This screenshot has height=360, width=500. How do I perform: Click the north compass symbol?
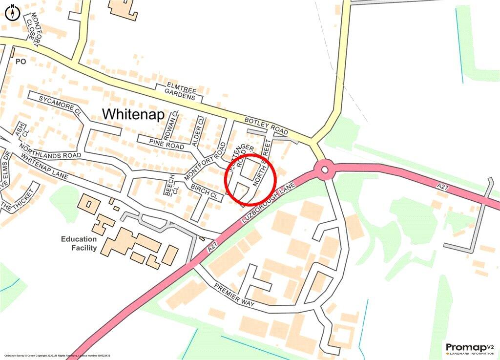tap(13, 12)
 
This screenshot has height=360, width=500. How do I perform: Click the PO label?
tap(20, 62)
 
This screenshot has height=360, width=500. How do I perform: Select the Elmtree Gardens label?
tap(179, 91)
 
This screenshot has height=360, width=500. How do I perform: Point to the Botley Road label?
tap(267, 126)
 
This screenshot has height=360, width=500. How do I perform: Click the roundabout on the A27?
tap(323, 170)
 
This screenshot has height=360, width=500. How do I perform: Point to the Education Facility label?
tap(79, 243)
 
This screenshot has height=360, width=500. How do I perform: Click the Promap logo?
tap(468, 348)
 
